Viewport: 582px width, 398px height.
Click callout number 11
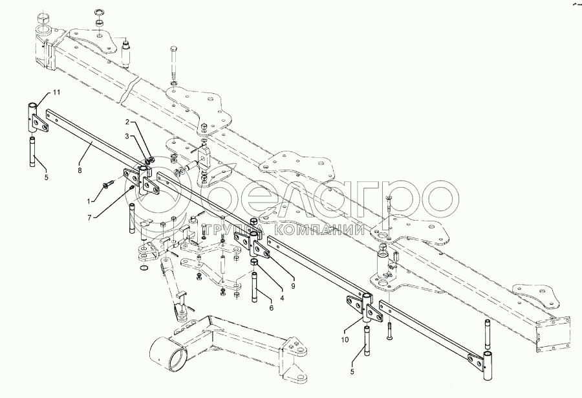56,93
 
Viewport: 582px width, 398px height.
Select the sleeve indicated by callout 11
32,116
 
